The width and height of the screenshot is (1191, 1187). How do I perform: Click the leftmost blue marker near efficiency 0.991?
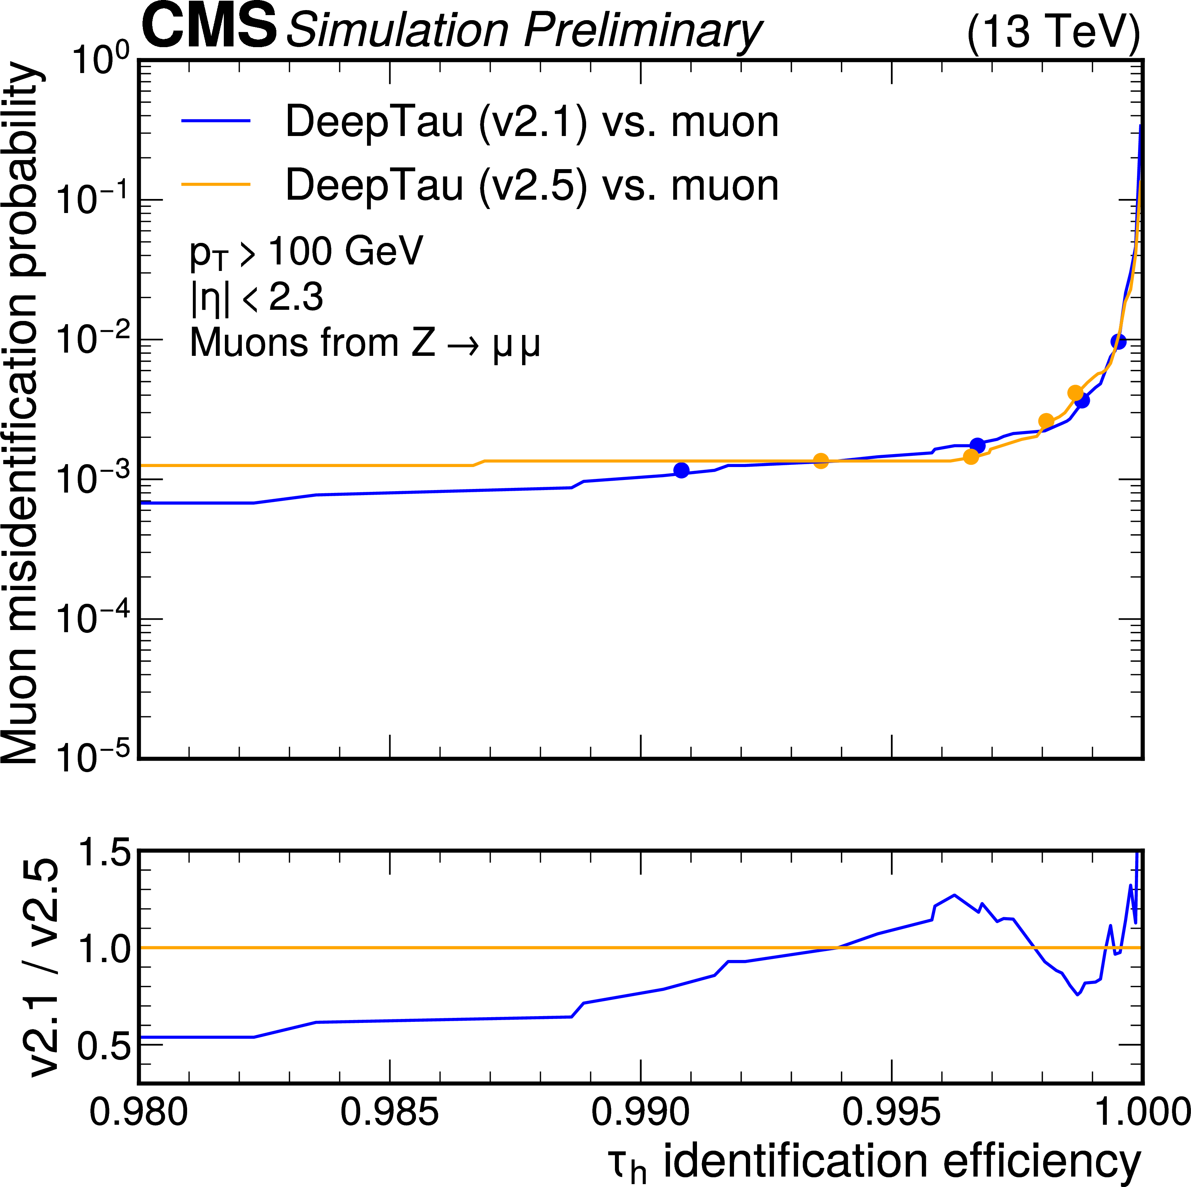[681, 470]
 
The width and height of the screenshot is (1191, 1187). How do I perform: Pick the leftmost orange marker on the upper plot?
[820, 461]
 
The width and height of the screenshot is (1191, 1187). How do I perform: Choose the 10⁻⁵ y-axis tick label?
[92, 758]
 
